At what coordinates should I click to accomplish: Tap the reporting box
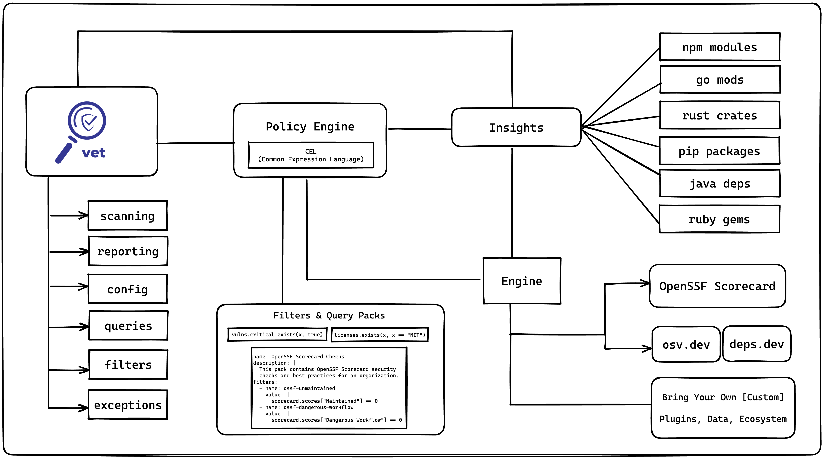[128, 251]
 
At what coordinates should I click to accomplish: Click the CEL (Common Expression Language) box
[311, 155]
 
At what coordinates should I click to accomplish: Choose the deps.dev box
[756, 344]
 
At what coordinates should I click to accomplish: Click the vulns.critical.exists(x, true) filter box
[277, 335]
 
